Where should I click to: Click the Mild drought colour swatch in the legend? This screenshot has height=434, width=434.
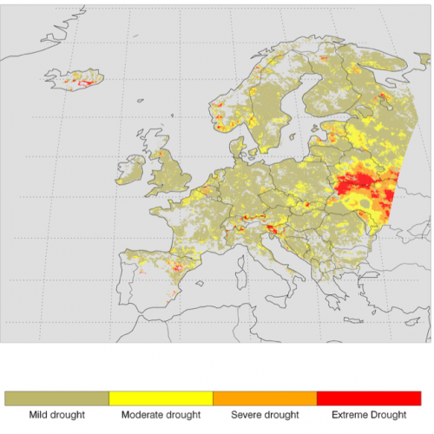click(x=56, y=398)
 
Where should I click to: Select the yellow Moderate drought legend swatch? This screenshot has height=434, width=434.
click(x=161, y=398)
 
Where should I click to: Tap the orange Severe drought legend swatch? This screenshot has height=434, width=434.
click(x=265, y=398)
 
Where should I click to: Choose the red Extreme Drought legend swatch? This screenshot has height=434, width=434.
click(x=369, y=398)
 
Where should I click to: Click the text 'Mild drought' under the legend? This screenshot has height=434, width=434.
click(x=56, y=415)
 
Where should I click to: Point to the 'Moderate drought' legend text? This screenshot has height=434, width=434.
click(x=161, y=415)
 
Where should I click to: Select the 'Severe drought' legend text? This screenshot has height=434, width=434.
click(x=265, y=415)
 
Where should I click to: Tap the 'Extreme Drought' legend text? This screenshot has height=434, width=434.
click(x=369, y=415)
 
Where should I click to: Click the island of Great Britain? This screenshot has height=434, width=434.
click(x=169, y=174)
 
